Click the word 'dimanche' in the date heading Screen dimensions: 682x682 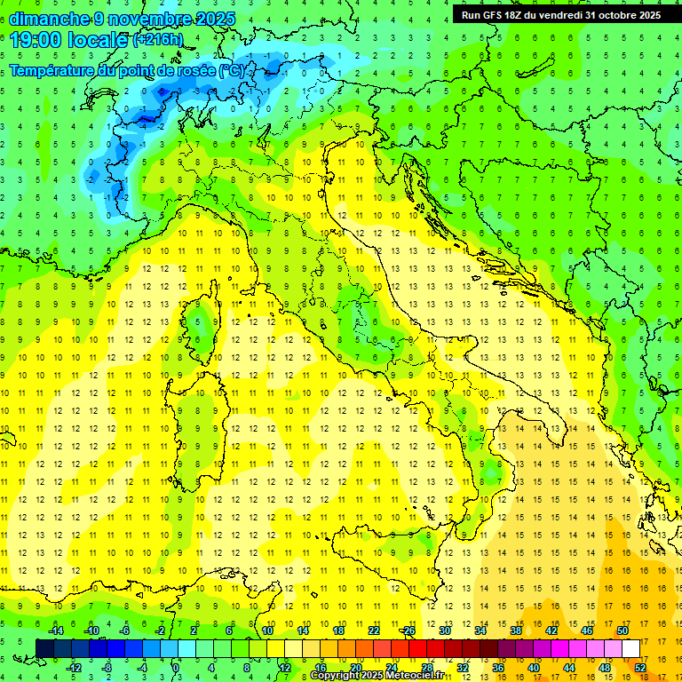click(49, 18)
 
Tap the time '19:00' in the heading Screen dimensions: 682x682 click(36, 40)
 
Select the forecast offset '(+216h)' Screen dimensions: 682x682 click(158, 40)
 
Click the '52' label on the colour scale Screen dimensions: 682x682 click(640, 668)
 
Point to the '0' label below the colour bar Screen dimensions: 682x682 click(175, 668)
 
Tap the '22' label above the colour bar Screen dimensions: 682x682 click(374, 630)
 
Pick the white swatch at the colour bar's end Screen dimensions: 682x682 click(630, 648)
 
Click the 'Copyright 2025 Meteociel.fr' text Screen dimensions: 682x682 click(377, 676)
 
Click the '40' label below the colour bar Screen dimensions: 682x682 click(534, 668)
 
